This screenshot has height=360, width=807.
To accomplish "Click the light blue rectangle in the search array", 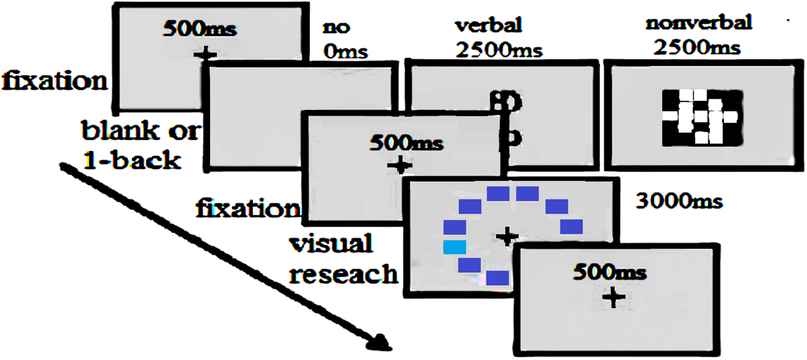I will point(454,247).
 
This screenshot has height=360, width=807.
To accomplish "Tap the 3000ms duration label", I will point(678,201).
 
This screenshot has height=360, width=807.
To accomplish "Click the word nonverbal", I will point(698,25).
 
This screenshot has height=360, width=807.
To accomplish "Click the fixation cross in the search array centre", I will point(508,236).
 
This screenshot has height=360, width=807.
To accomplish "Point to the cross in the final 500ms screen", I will point(613,297).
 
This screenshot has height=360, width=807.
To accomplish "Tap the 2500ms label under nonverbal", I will point(698,47).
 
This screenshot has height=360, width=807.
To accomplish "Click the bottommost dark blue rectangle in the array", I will point(497,278).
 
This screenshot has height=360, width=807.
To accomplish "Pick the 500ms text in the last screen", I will point(610,273).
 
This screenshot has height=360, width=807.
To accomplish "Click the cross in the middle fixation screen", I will point(400,165).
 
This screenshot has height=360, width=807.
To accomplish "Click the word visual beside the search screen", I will point(331,245).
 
